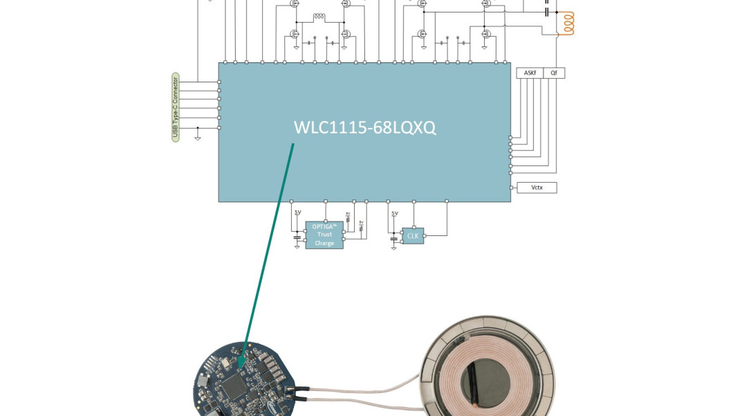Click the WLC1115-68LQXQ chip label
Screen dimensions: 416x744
pos(364,128)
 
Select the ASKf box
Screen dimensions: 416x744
pos(530,73)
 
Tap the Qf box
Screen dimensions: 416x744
pos(554,73)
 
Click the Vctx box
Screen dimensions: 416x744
pos(537,188)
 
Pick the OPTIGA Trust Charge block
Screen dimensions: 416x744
pos(324,235)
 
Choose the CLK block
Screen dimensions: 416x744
pos(413,235)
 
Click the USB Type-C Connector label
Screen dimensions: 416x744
pos(176,107)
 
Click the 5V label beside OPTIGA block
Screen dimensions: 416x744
pos(298,212)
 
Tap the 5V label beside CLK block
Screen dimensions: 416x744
pos(395,214)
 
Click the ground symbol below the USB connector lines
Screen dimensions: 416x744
pos(198,138)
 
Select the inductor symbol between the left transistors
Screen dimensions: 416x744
pos(319,17)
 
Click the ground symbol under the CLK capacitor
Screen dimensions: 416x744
pos(394,246)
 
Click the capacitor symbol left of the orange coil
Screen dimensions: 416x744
pos(547,12)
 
